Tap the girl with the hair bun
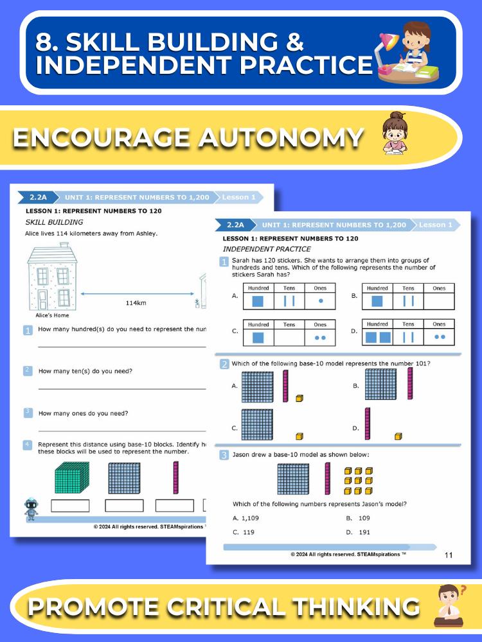point(395,133)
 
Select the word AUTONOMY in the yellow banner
point(281,137)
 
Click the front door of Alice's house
point(42,299)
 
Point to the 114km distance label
point(136,303)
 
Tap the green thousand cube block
point(72,478)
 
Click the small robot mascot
point(31,509)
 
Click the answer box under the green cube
point(70,506)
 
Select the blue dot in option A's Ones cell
point(321,301)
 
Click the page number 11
point(449,555)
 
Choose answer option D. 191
point(358,532)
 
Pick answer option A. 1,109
point(245,518)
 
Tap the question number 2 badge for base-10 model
point(224,364)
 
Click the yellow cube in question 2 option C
point(299,437)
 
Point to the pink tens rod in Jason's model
point(328,479)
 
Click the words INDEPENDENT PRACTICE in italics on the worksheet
point(267,249)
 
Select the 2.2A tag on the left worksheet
point(38,197)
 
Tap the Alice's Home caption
point(52,315)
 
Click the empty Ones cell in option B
point(439,301)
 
